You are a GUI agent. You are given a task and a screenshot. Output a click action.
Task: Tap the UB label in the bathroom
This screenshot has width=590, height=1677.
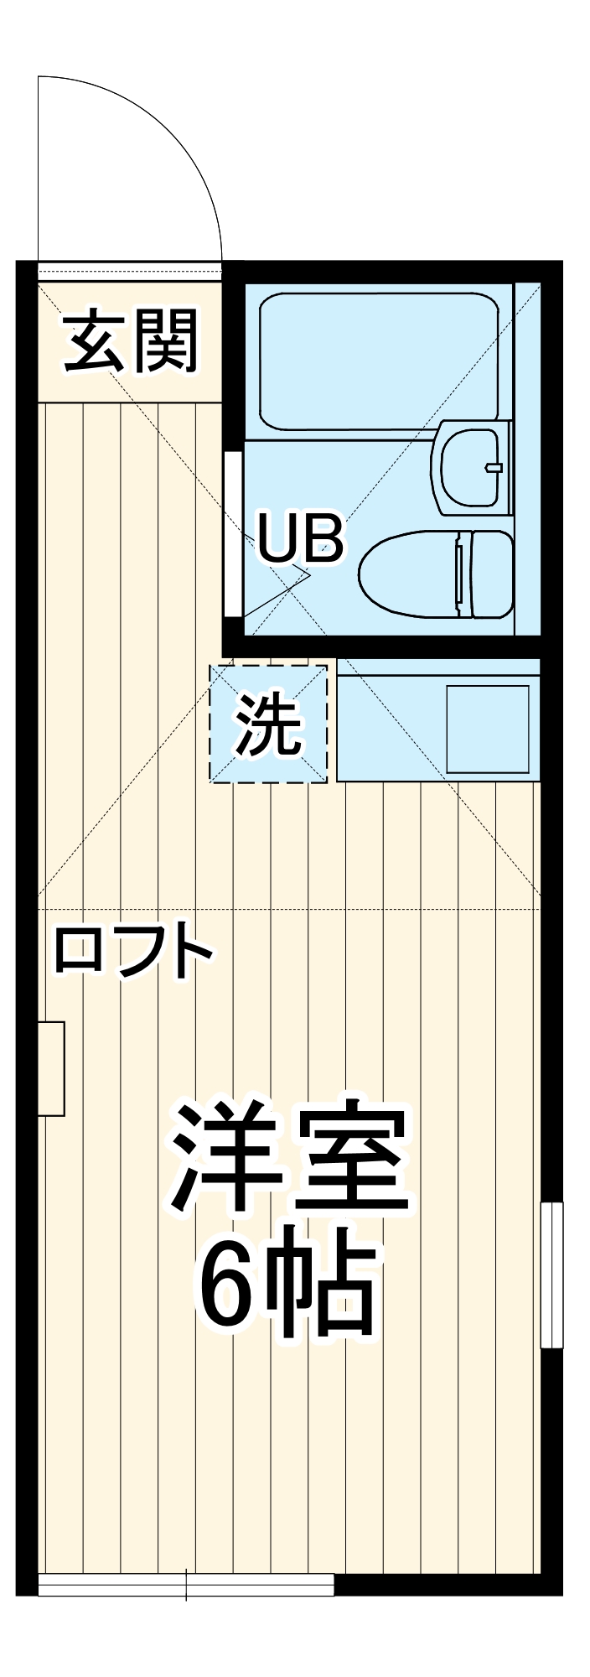[299, 539]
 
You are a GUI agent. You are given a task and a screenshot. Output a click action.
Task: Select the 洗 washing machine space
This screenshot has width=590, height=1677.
[268, 724]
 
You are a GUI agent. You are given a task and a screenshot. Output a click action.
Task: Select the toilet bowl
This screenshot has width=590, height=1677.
[411, 574]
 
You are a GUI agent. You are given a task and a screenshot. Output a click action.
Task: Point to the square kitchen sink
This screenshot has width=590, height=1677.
[487, 729]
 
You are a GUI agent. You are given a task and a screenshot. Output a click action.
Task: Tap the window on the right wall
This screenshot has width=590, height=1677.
[551, 1275]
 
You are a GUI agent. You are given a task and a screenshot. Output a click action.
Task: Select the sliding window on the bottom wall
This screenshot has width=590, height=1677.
[186, 1585]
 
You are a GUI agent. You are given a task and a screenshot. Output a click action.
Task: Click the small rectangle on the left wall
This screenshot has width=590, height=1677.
[52, 1069]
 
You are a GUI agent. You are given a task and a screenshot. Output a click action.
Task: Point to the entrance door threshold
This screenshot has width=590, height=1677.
[130, 270]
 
